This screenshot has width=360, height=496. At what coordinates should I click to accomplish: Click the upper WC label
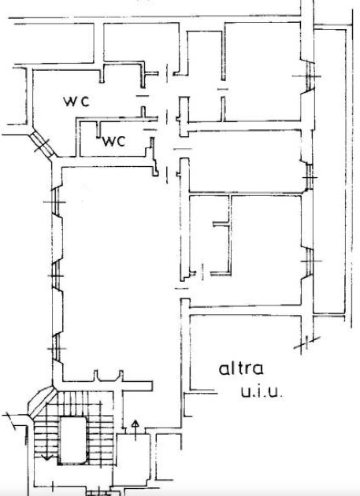click(x=76, y=102)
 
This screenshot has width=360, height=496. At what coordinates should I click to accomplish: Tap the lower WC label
click(x=113, y=142)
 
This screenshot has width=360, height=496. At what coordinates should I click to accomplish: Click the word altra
click(x=241, y=368)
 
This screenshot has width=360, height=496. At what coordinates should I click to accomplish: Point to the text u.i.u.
click(x=262, y=392)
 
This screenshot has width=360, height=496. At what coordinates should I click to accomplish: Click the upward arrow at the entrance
click(x=135, y=430)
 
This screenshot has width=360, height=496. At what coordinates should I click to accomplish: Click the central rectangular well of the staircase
click(x=73, y=440)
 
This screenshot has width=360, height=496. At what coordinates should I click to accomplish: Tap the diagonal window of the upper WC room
click(x=43, y=144)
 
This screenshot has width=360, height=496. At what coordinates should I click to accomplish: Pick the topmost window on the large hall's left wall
click(x=56, y=202)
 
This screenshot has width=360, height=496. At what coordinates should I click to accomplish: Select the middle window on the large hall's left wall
click(x=56, y=276)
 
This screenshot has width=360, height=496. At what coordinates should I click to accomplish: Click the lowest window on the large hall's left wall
click(x=56, y=348)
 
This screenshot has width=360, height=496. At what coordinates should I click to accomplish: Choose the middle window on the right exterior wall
click(x=309, y=177)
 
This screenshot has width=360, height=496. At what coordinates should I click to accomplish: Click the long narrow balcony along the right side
click(x=329, y=172)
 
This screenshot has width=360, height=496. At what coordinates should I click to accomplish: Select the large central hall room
click(x=121, y=269)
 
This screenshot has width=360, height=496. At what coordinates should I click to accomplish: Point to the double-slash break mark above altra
click(x=306, y=343)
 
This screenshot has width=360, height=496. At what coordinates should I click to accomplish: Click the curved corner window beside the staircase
click(x=41, y=400)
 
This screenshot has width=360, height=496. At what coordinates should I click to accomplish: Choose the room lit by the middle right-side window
click(x=245, y=161)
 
